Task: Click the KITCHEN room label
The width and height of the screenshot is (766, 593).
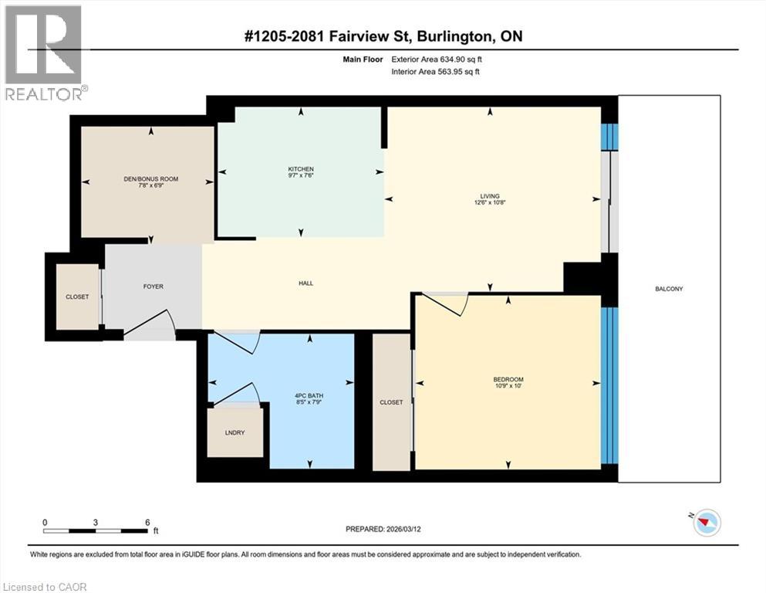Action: click(301, 169)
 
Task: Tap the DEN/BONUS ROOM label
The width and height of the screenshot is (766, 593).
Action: click(151, 179)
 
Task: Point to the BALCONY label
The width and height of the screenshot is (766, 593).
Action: click(669, 289)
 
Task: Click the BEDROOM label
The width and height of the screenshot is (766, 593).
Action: click(508, 379)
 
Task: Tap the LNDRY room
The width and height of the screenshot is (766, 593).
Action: click(235, 432)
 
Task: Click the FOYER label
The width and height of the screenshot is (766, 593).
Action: click(153, 286)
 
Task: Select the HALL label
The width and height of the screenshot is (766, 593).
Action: click(305, 283)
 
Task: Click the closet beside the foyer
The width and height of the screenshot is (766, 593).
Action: click(77, 296)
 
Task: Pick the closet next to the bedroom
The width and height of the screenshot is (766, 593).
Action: click(391, 402)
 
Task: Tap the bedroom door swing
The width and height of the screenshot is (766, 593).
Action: click(447, 303)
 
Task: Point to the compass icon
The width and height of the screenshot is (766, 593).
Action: click(705, 523)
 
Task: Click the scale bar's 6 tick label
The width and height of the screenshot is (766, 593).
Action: click(147, 522)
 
